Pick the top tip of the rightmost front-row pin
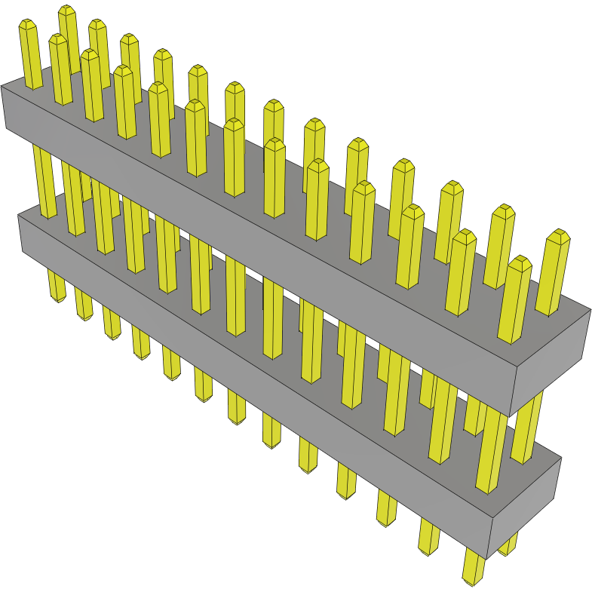[520, 261]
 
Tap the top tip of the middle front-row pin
[234, 123]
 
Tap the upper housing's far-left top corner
[2, 87]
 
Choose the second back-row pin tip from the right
[503, 209]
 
